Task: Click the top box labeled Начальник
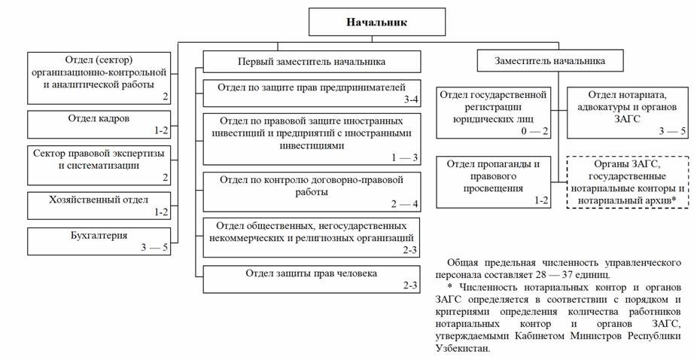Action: [x=376, y=22]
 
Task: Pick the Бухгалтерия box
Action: [x=99, y=240]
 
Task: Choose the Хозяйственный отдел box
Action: [x=99, y=204]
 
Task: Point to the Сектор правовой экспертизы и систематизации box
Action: [x=99, y=164]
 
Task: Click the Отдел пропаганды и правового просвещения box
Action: [x=494, y=181]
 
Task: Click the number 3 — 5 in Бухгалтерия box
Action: [x=152, y=248]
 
